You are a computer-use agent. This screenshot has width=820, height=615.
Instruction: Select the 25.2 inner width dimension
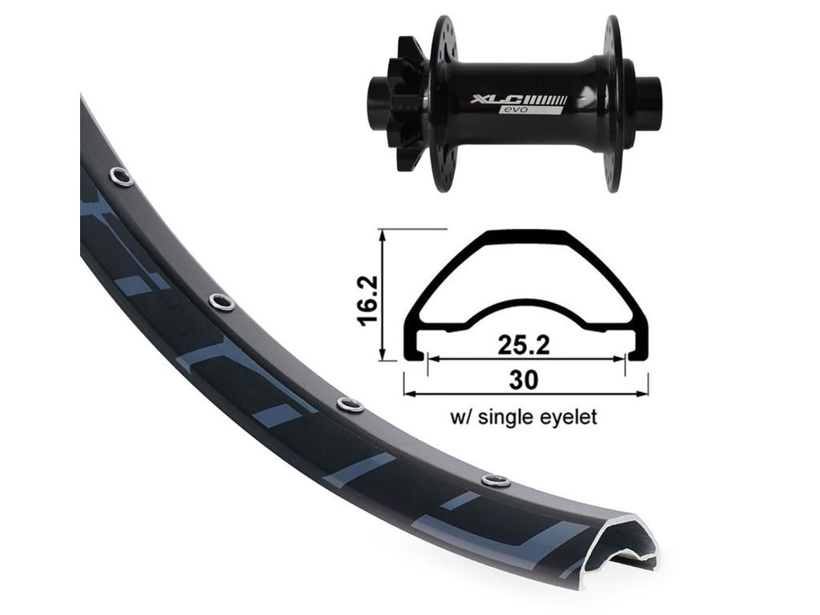click(524, 344)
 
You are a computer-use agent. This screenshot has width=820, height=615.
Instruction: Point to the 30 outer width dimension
click(524, 380)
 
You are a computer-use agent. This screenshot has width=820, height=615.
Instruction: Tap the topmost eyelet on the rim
click(122, 177)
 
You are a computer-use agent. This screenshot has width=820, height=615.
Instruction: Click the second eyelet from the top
click(222, 302)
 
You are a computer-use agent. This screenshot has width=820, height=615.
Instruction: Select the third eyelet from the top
click(350, 404)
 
